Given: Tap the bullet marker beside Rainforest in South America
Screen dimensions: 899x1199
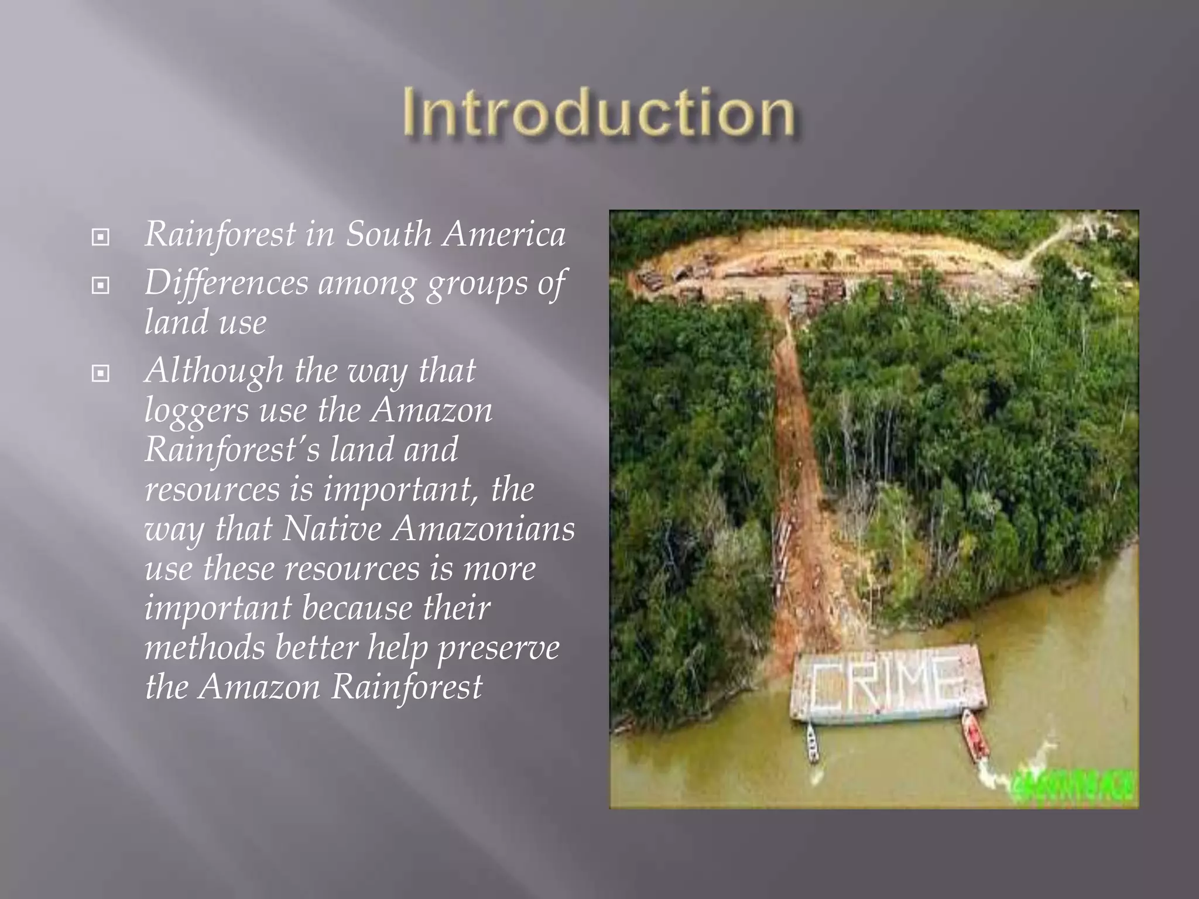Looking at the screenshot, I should pos(101,237).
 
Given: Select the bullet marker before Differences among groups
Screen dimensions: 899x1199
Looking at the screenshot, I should pos(101,286).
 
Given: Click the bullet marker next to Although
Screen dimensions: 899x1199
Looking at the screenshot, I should pos(101,373).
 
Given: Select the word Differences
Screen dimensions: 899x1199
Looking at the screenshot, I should pos(226,283).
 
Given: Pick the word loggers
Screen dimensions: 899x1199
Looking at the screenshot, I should pos(196,411).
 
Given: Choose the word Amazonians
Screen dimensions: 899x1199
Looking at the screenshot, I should pos(484,529).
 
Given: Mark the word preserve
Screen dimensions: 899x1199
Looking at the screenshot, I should pos(498,648).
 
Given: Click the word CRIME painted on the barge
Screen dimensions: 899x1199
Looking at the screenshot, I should pos(887,682).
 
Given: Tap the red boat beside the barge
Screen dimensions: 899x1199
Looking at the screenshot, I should pos(975,735).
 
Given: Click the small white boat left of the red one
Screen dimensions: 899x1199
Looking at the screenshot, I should pos(813,743).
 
